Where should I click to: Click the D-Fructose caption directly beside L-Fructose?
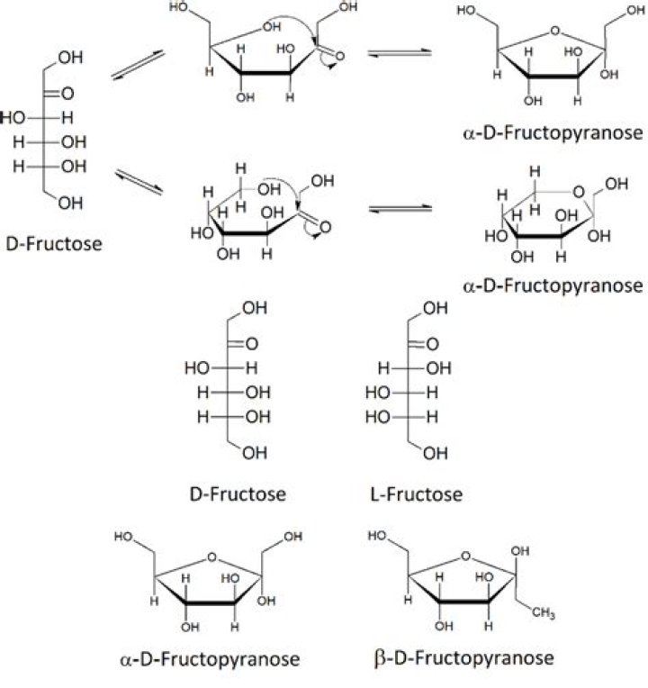(x=238, y=494)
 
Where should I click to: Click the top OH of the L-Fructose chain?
(x=435, y=310)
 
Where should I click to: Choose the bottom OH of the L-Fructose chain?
(x=435, y=453)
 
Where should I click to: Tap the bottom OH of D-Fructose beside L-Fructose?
(x=255, y=453)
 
